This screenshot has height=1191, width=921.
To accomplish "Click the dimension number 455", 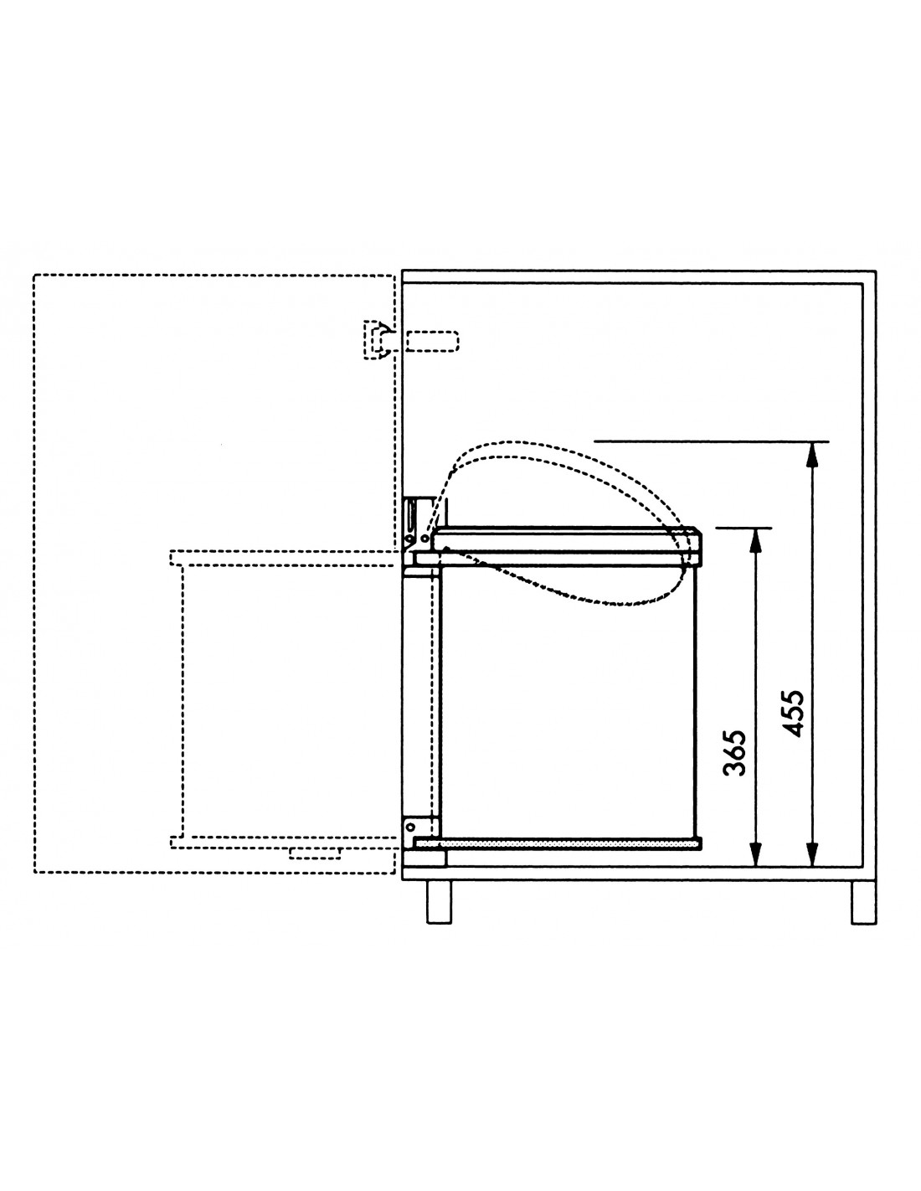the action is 793,713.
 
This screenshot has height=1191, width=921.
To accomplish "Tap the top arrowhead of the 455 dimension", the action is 812,456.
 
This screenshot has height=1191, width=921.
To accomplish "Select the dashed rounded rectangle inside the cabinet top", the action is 433,341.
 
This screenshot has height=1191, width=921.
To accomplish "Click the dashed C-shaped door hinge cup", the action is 378,340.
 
